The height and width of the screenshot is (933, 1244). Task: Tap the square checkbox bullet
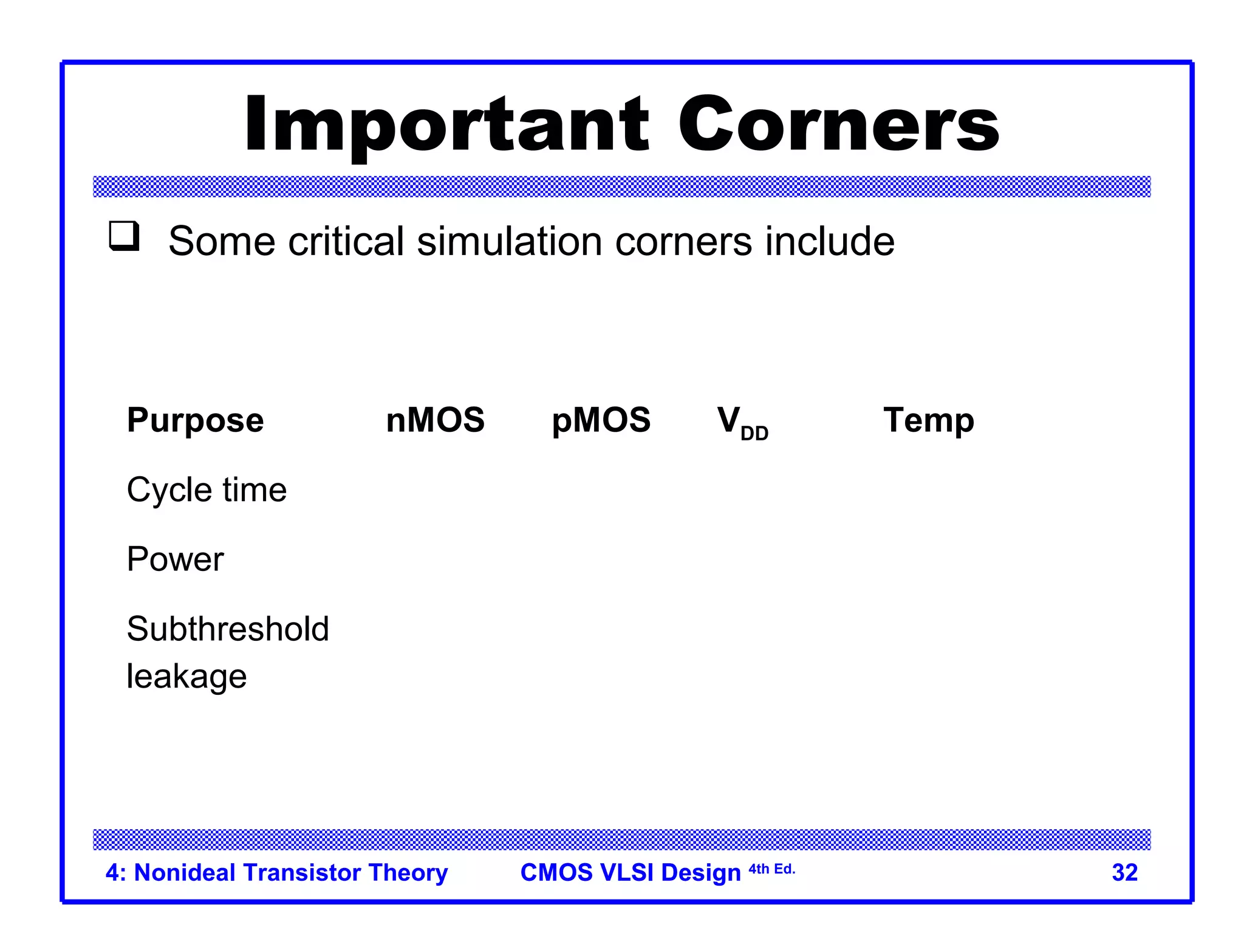pyautogui.click(x=125, y=236)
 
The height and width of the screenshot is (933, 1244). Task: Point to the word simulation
pyautogui.click(x=509, y=241)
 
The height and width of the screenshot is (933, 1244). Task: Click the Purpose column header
pyautogui.click(x=195, y=421)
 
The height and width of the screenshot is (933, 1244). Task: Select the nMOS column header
pyautogui.click(x=435, y=420)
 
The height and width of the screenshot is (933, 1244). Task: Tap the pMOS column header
pyautogui.click(x=601, y=421)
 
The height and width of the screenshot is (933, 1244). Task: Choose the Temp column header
pyautogui.click(x=928, y=421)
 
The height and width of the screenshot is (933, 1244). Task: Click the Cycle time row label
pyautogui.click(x=207, y=490)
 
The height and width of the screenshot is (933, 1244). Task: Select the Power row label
pyautogui.click(x=175, y=559)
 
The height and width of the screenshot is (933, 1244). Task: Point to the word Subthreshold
pyautogui.click(x=228, y=629)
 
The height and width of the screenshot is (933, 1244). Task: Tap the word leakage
pyautogui.click(x=186, y=677)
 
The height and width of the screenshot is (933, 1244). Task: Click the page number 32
pyautogui.click(x=1124, y=873)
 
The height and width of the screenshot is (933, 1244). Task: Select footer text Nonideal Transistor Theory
pyautogui.click(x=290, y=873)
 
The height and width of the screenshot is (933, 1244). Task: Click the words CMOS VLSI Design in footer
pyautogui.click(x=631, y=873)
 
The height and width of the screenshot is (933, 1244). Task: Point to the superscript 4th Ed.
pyautogui.click(x=771, y=869)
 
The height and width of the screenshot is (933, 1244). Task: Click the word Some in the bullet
pyautogui.click(x=222, y=241)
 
